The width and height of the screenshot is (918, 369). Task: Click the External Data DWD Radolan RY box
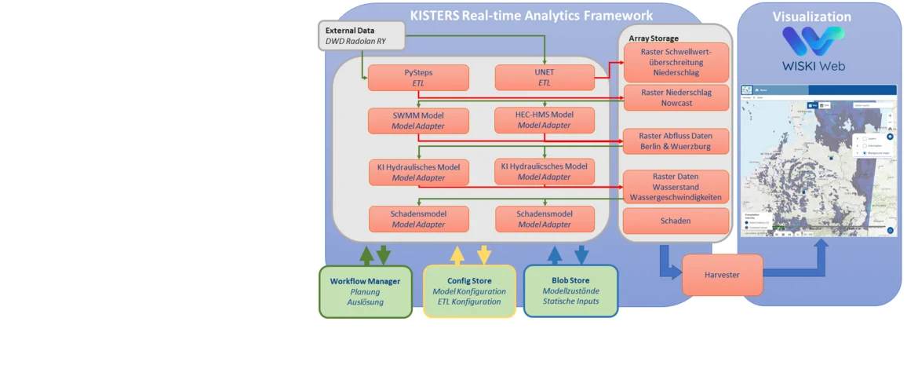[x=362, y=36]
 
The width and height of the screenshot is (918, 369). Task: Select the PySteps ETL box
[x=418, y=78]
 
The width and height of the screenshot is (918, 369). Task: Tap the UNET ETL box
[x=545, y=78]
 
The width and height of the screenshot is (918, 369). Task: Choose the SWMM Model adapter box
[x=418, y=120]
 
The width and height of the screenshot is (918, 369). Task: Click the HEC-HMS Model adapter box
[x=545, y=120]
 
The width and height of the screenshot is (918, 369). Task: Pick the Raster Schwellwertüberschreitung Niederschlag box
[x=676, y=62]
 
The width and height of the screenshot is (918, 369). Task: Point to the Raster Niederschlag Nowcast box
[x=676, y=98]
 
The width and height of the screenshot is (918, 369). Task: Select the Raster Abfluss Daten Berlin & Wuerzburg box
[x=676, y=141]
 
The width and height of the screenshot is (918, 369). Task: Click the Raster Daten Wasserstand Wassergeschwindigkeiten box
[x=676, y=187]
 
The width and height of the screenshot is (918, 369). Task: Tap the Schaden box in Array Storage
[x=676, y=221]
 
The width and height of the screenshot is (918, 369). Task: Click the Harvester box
[x=722, y=275]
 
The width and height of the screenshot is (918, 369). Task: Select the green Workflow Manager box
[x=366, y=291]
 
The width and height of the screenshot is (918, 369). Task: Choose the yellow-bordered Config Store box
[x=469, y=291]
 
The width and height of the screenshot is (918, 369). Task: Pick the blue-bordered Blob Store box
[x=570, y=291]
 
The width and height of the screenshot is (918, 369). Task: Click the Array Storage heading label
[x=654, y=38]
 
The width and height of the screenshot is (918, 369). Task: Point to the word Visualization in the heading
[x=811, y=16]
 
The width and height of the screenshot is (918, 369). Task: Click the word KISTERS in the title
[x=435, y=16]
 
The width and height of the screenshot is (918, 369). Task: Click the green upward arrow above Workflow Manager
[x=366, y=255]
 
